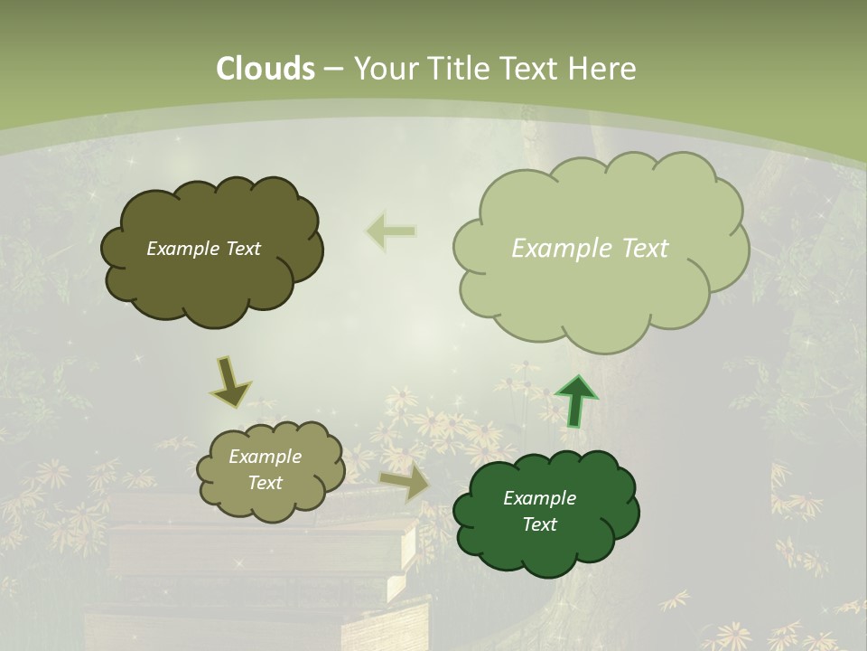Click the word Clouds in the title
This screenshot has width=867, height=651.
tap(266, 69)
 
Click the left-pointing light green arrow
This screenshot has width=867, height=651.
tap(391, 231)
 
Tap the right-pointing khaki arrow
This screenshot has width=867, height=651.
tap(406, 485)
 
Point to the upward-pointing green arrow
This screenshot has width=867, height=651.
tap(574, 400)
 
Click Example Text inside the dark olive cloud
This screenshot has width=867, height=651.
tap(203, 249)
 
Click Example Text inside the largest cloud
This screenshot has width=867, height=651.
tap(590, 249)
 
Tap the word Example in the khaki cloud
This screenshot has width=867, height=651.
tap(265, 457)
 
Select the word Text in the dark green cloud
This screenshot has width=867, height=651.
tap(539, 524)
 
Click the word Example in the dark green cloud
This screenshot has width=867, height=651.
tap(539, 498)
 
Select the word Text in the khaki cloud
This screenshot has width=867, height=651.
tap(265, 483)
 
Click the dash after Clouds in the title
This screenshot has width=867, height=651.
tap(333, 69)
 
